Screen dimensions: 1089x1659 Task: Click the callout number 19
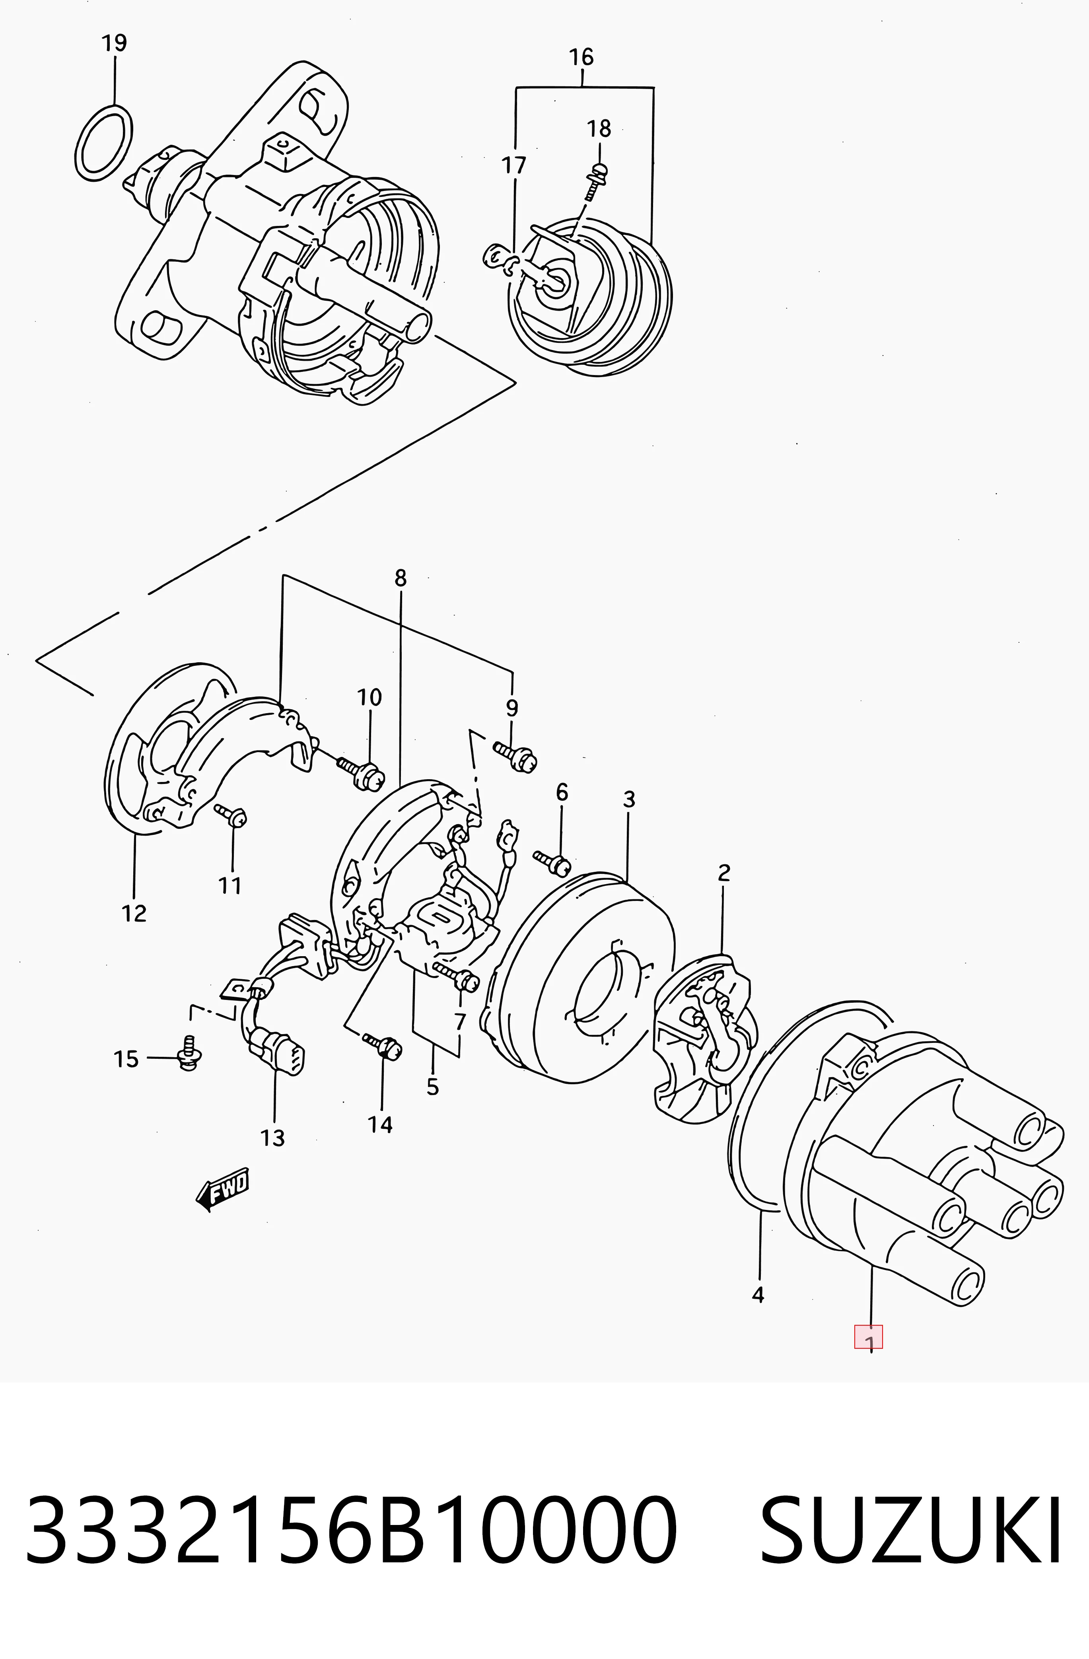pos(114,43)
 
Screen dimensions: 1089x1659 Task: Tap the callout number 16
pos(581,56)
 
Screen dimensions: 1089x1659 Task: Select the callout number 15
pos(126,1060)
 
